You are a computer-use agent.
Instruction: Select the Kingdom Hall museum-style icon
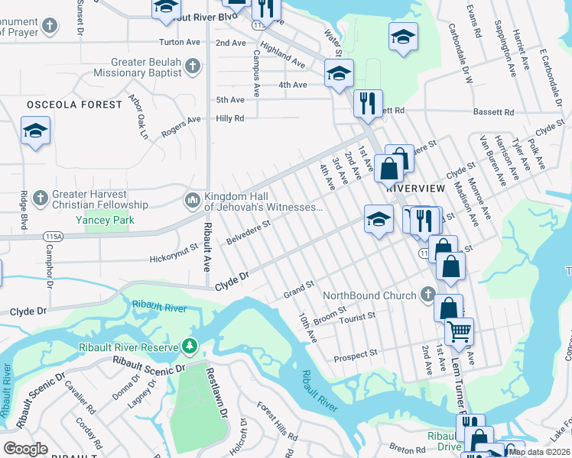191,201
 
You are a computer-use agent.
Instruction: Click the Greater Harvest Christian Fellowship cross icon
41,199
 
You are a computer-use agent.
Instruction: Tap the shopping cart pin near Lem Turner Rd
459,331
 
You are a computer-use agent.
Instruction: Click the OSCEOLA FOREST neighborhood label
74,104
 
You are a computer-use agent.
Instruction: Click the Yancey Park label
105,220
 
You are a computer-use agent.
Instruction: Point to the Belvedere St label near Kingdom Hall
249,233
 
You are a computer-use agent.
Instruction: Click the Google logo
25,450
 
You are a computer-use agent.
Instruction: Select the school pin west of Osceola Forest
35,131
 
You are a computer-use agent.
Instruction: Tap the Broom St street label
330,314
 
